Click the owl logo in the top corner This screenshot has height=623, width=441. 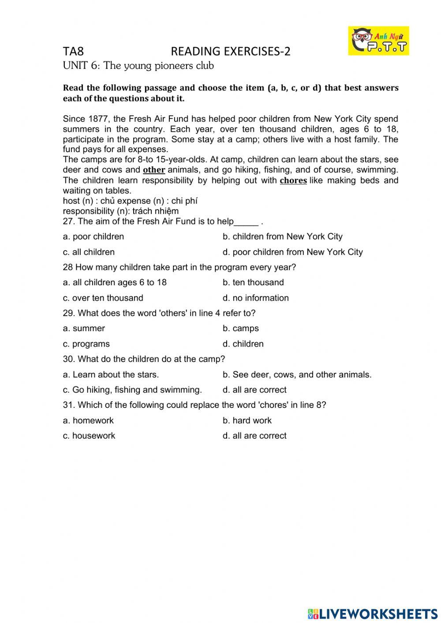[378, 41]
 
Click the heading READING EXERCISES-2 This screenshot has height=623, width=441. [230, 52]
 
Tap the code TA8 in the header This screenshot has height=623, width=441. [73, 52]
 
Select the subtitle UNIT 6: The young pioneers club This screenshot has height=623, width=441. [138, 66]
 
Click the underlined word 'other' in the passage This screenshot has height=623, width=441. [154, 170]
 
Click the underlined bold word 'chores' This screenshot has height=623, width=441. [293, 181]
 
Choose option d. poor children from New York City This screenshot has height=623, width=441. [292, 252]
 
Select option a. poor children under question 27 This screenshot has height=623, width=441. [93, 237]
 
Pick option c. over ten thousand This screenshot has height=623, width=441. [103, 298]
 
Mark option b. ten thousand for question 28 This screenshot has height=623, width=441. [253, 283]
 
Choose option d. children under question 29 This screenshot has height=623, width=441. [243, 344]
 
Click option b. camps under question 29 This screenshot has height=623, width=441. [240, 328]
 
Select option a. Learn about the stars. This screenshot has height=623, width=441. [111, 375]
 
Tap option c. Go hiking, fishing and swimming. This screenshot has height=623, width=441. [132, 390]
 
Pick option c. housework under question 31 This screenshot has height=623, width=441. [89, 436]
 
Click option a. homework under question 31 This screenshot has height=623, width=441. [88, 421]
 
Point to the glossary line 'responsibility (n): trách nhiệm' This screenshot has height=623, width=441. [121, 211]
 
